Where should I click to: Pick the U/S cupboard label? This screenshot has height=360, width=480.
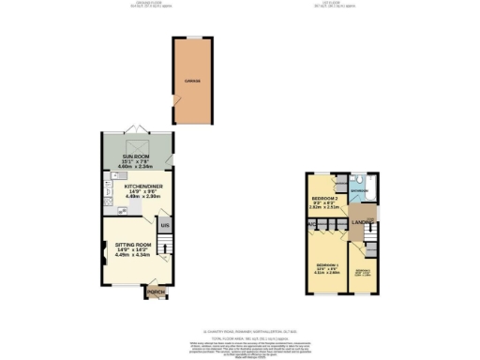click(x=164, y=225)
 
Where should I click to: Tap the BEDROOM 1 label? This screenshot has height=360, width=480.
click(x=327, y=264)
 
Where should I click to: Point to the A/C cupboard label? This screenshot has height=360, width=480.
click(x=308, y=225)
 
